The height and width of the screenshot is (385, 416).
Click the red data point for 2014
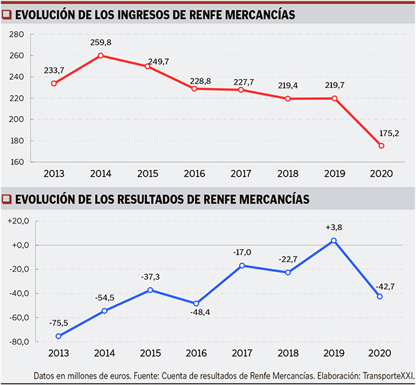pyautogui.click(x=101, y=55)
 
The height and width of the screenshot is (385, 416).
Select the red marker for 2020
pyautogui.click(x=381, y=146)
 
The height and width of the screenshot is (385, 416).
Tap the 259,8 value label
pyautogui.click(x=101, y=43)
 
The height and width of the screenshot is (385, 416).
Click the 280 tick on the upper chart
pyautogui.click(x=18, y=34)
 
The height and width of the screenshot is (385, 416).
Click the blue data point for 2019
pyautogui.click(x=334, y=241)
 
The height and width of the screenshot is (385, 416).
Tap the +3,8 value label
pyautogui.click(x=334, y=228)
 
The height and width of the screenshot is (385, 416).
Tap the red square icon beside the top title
pyautogui.click(x=7, y=15)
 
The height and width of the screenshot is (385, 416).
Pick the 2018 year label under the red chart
pyautogui.click(x=288, y=173)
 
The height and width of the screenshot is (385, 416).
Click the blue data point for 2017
pyautogui.click(x=241, y=266)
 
